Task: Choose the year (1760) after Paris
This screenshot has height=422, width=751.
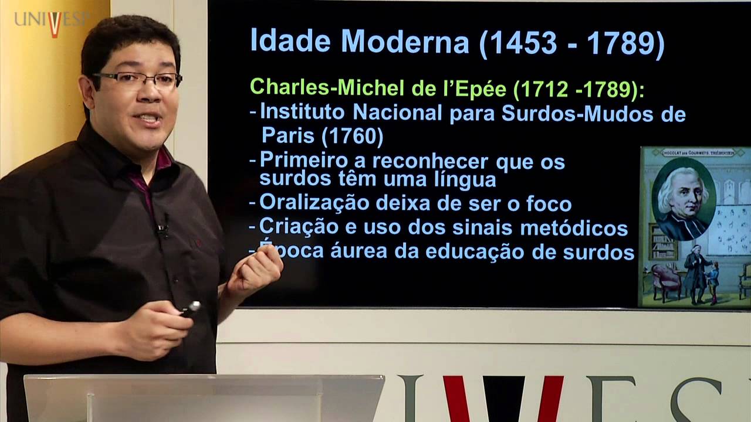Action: click(x=352, y=136)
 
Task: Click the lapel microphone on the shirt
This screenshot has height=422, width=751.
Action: click(x=163, y=226)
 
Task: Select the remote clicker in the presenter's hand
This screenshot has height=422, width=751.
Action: click(x=190, y=308)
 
